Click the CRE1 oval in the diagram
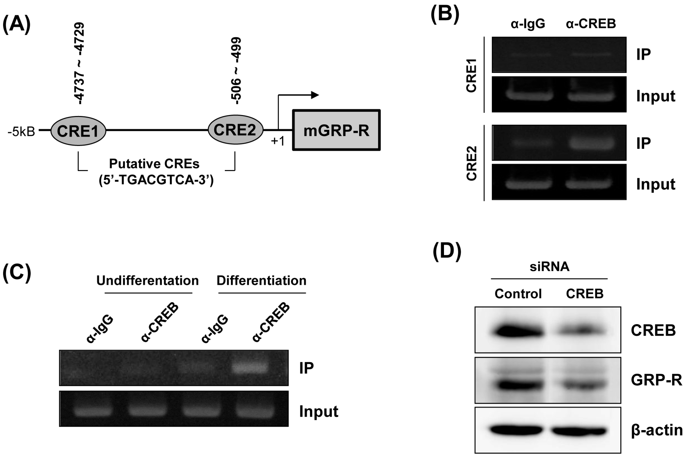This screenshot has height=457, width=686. click(78, 131)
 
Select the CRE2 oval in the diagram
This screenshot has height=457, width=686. click(235, 130)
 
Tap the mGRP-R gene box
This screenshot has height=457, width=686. click(336, 130)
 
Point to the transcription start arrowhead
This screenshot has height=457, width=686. click(315, 95)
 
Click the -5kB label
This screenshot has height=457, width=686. click(21, 132)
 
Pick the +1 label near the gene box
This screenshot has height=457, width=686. click(277, 141)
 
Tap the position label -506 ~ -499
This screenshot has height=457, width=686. click(236, 70)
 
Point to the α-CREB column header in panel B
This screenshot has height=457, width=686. click(591, 24)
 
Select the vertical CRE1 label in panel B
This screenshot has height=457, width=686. click(471, 75)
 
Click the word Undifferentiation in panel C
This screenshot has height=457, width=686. click(148, 281)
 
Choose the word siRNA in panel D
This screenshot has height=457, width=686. click(549, 266)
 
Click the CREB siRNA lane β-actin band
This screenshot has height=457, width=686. click(579, 431)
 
